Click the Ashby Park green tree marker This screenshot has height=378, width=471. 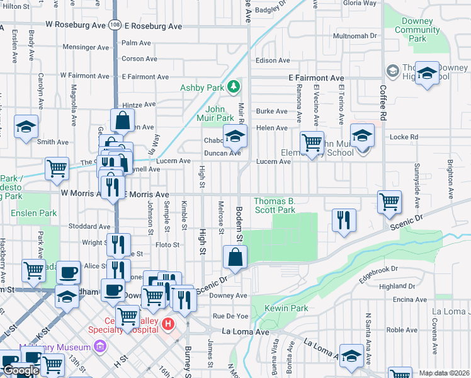click(234, 86)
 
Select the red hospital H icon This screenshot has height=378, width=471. click(167, 324)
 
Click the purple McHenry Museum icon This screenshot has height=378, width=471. click(98, 345)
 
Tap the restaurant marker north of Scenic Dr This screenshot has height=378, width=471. click(343, 220)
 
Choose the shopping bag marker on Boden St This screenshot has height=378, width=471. click(234, 256)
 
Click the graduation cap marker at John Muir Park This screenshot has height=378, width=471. click(234, 135)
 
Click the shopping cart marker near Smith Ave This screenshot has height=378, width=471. click(57, 168)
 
